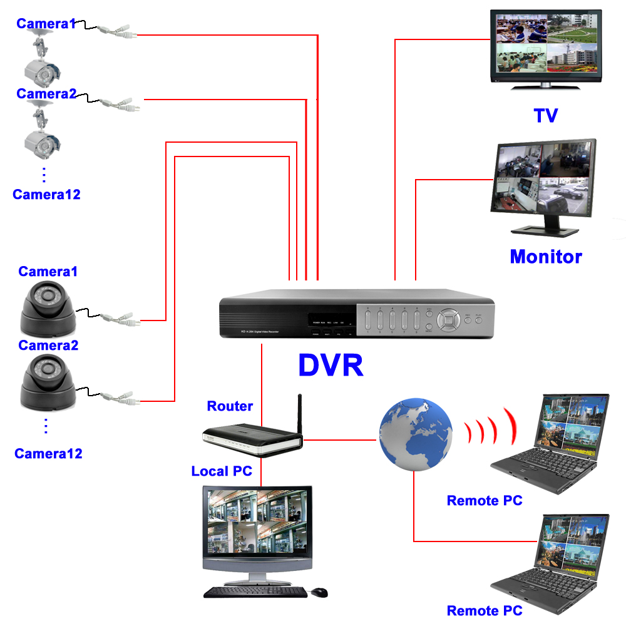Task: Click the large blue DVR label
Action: pyautogui.click(x=331, y=366)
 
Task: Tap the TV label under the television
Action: pyautogui.click(x=545, y=115)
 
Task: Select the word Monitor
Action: pyautogui.click(x=545, y=257)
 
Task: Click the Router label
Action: pyautogui.click(x=230, y=406)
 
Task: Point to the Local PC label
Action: pyautogui.click(x=222, y=471)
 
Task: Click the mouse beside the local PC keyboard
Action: pyautogui.click(x=319, y=592)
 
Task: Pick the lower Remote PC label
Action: pyautogui.click(x=485, y=611)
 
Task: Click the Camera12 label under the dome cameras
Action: pyautogui.click(x=48, y=453)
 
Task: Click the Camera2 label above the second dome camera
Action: pyautogui.click(x=48, y=346)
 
